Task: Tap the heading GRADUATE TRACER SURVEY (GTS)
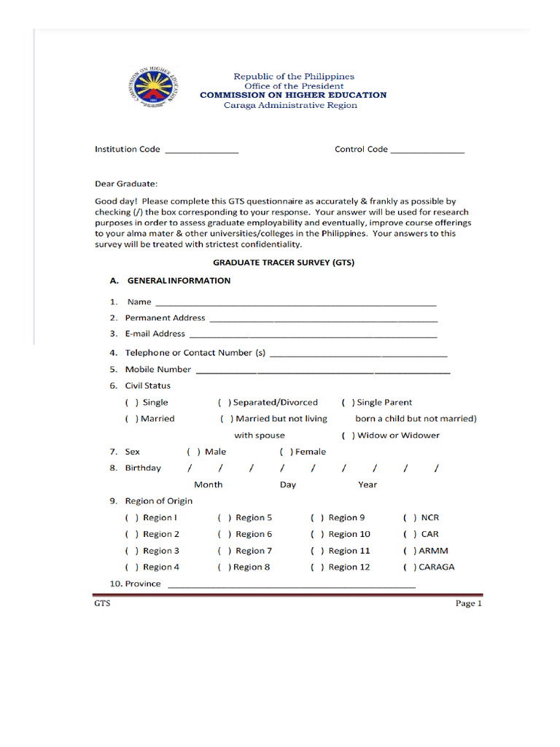tap(284, 263)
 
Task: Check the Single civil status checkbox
tap(132, 403)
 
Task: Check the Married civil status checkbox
tap(132, 419)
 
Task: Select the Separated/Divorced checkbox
tap(225, 403)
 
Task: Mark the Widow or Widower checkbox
tap(349, 436)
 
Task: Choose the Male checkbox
tap(193, 452)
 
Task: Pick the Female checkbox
tap(286, 452)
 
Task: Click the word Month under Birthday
tap(208, 485)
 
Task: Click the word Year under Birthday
tap(367, 485)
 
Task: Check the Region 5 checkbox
tap(225, 518)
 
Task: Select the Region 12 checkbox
tap(317, 568)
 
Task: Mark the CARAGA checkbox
tap(410, 568)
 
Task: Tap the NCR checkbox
tap(410, 518)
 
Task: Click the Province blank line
tap(292, 585)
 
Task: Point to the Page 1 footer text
tap(469, 603)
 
